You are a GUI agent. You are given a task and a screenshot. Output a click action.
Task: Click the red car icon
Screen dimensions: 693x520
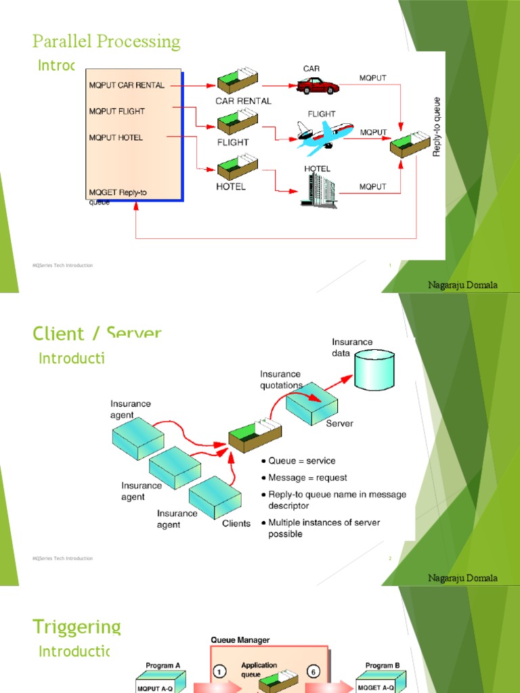[318, 86]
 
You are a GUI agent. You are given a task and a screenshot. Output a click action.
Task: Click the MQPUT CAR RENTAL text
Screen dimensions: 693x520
[126, 86]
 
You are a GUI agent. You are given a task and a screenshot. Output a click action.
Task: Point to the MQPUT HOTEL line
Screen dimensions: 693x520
[116, 137]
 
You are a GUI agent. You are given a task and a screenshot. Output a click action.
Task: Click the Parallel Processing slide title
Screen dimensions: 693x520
[106, 42]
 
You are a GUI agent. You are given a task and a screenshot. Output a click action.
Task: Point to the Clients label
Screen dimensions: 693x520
[236, 523]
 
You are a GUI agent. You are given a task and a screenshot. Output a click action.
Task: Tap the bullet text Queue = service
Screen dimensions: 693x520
[302, 461]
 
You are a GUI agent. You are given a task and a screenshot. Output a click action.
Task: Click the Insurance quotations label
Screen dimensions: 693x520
[280, 380]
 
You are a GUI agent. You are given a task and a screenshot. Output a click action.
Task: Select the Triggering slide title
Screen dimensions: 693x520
[77, 627]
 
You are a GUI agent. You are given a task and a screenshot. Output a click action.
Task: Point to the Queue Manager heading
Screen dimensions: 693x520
[240, 640]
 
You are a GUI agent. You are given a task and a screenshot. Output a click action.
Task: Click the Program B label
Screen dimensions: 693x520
[383, 665]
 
